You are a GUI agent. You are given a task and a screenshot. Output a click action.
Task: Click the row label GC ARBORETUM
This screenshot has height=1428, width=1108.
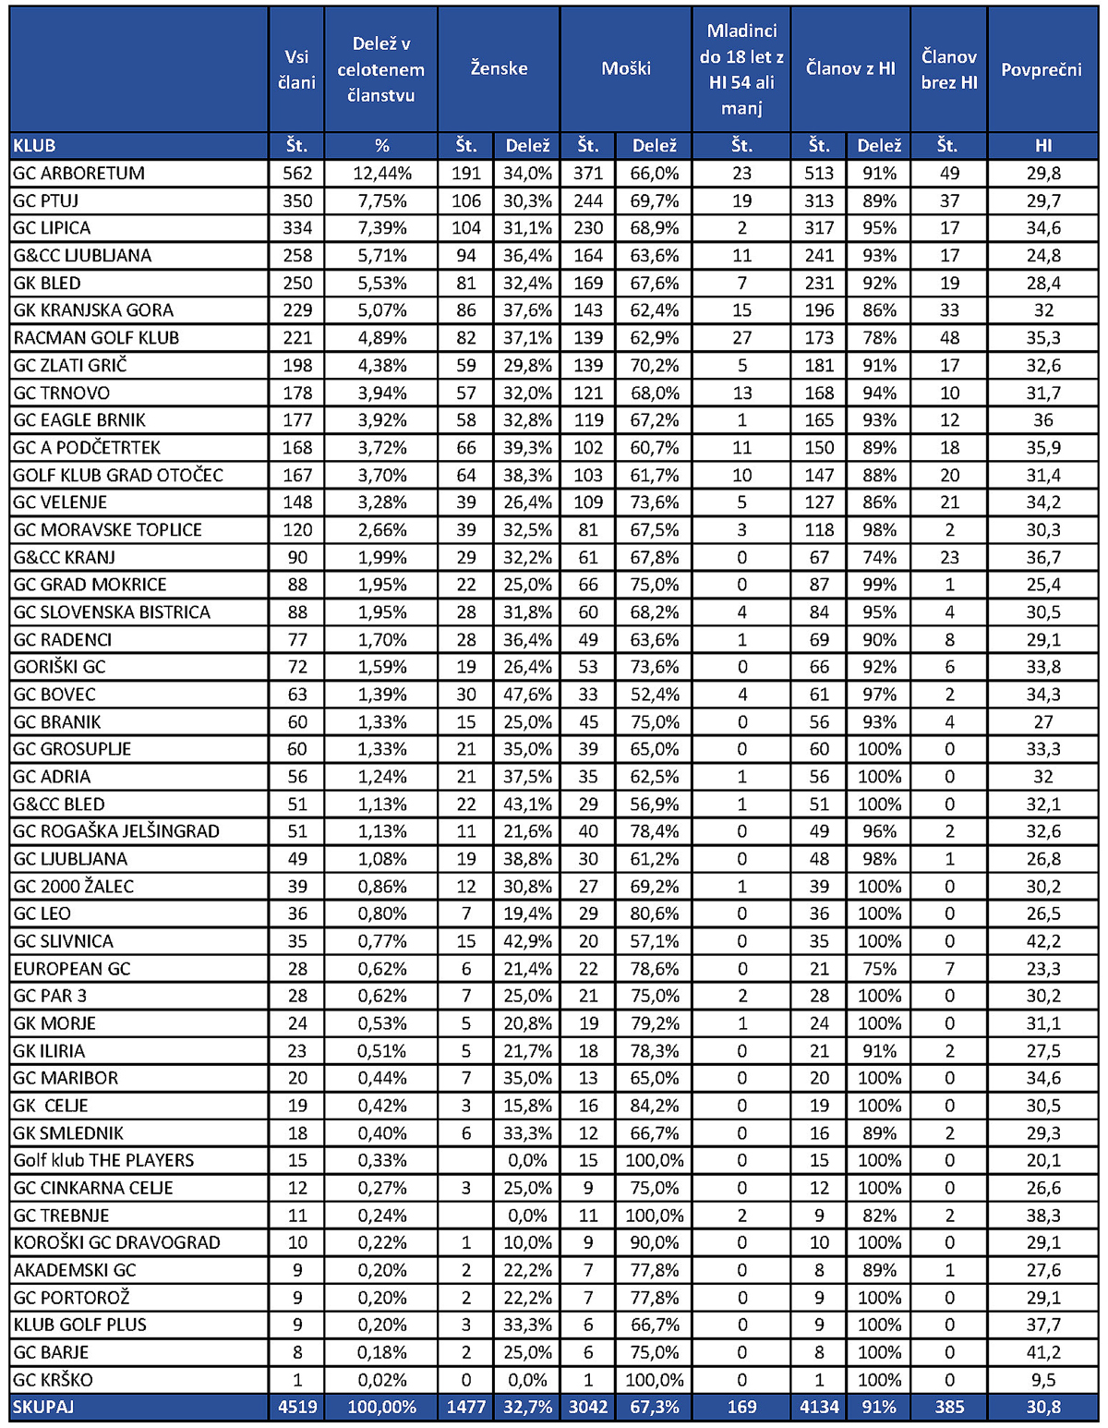point(78,174)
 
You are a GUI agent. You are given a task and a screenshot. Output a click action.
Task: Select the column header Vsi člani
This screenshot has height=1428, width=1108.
point(296,69)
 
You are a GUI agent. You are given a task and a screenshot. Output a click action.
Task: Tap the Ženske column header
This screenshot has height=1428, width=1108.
point(499,68)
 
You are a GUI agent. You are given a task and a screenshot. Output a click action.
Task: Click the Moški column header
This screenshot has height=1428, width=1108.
point(626,68)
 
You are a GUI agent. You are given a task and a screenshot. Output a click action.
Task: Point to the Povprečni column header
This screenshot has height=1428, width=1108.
point(1042,69)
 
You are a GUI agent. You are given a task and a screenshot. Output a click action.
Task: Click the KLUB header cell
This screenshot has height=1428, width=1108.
point(35,146)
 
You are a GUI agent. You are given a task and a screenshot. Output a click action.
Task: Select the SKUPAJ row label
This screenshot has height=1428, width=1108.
point(43,1408)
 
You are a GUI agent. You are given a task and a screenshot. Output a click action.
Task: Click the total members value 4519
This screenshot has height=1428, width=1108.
point(297,1408)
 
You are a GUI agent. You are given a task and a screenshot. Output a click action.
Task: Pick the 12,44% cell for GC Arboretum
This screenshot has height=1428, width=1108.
point(381,174)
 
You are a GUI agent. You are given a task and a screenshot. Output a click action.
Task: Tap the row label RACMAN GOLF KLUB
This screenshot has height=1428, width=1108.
point(96,338)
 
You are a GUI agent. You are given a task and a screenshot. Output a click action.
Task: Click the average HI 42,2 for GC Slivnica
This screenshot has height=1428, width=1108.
point(1043,941)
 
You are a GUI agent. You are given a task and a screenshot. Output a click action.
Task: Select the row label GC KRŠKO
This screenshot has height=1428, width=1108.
point(53,1380)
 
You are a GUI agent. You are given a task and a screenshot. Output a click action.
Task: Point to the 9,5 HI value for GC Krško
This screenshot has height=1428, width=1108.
point(1043,1380)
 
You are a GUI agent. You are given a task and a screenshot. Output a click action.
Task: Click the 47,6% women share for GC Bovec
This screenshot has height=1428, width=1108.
point(527,695)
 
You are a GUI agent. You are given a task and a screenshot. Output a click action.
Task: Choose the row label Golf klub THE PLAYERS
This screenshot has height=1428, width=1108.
point(103,1161)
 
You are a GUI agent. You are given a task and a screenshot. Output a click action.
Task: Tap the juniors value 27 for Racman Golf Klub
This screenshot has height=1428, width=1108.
point(741,338)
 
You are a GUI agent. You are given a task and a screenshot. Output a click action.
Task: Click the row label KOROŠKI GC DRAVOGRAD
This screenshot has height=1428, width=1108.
point(116,1243)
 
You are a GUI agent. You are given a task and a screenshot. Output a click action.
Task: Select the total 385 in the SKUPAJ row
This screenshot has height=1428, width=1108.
point(948,1408)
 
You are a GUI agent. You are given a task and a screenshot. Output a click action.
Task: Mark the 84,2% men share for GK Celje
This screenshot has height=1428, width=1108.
point(655,1106)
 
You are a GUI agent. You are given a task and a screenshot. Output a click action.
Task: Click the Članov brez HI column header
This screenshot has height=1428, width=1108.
point(948,69)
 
